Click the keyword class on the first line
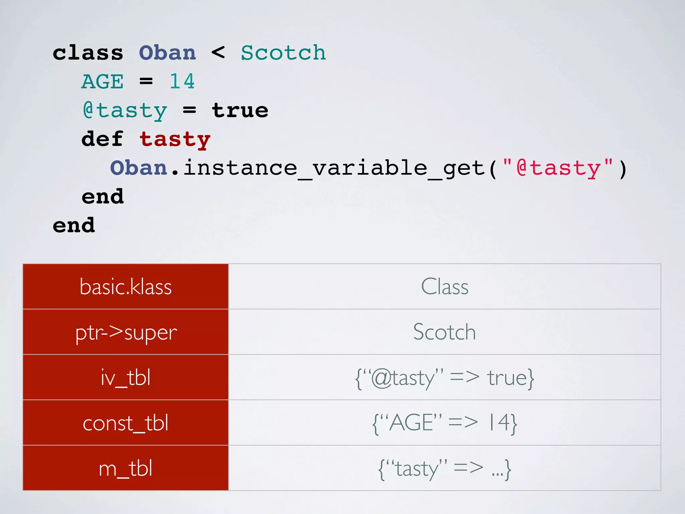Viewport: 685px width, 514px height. tap(88, 53)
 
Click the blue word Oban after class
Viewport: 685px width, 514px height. tap(167, 53)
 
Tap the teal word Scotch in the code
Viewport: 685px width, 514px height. tap(283, 53)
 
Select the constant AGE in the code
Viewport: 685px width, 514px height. tap(102, 82)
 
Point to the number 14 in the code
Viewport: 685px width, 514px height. tap(182, 81)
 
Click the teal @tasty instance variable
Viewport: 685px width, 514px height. tap(124, 111)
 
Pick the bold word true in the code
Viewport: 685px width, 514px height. tap(240, 110)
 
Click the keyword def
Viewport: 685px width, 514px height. tap(102, 139)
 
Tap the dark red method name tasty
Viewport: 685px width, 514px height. tap(175, 140)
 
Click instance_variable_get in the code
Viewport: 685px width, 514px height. tap(334, 168)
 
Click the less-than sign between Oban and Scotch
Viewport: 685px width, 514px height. tap(218, 53)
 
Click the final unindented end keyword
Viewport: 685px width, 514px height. tap(74, 225)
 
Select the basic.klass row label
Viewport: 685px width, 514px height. tap(125, 287)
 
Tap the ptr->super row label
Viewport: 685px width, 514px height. tap(125, 332)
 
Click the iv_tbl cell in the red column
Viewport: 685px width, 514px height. tap(125, 377)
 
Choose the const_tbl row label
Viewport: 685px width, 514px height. tap(125, 423)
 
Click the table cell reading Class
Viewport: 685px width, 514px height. tap(445, 287)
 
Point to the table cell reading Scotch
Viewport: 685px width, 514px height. tap(445, 332)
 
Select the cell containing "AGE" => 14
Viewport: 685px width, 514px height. tap(445, 423)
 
